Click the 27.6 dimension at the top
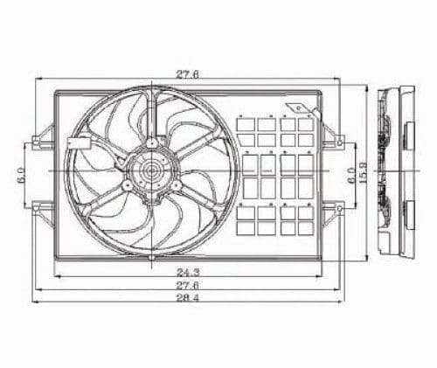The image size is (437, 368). [x=187, y=75]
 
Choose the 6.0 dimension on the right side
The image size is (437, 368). [x=351, y=173]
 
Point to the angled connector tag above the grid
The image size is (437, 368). [x=300, y=108]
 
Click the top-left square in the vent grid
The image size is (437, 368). [x=246, y=123]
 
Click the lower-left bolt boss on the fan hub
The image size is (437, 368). [x=128, y=185]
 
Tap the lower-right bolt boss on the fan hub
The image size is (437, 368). [x=177, y=185]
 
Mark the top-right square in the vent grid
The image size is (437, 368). [x=304, y=123]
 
